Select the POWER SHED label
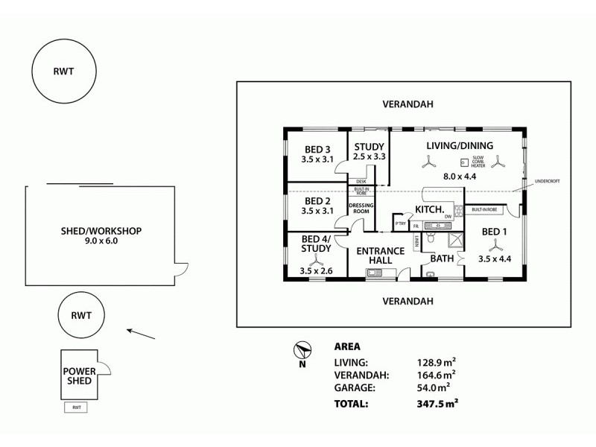[77, 375]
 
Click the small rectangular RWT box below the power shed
[76, 408]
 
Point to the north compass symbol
[302, 350]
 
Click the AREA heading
[347, 346]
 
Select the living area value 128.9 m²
[437, 362]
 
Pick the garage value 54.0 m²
[437, 388]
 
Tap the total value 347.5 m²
[437, 404]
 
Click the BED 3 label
[317, 148]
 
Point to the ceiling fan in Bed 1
[492, 244]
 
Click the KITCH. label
[430, 212]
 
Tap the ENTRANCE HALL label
[379, 256]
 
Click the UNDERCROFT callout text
[547, 181]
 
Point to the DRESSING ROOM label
[361, 208]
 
